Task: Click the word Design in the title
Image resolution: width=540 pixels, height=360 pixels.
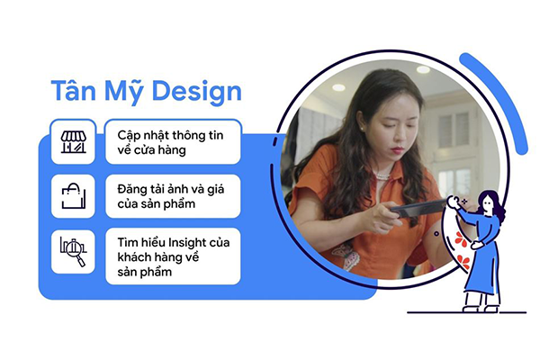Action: coord(196,92)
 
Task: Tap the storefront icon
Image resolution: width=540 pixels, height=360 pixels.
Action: coord(74,142)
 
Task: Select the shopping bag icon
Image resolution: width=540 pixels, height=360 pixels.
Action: coord(74,195)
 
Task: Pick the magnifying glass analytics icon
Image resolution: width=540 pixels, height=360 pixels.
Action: coord(74,251)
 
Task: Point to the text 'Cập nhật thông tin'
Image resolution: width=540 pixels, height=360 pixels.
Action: coord(170,135)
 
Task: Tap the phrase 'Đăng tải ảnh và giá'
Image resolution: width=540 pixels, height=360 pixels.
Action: coord(171,189)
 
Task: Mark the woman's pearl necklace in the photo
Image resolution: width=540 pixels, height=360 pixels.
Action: coord(383,176)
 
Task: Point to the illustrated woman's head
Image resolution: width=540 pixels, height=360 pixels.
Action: coord(490,204)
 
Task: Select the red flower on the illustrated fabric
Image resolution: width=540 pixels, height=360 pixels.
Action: coord(462,239)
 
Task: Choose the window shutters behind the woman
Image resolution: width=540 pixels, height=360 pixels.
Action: coord(454,130)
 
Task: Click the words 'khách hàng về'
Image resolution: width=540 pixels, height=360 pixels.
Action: coord(158,257)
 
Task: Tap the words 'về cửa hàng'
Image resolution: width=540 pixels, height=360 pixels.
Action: coord(151,150)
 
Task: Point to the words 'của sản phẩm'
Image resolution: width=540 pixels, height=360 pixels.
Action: coord(157,204)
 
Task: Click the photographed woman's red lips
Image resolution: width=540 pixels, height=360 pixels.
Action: coord(398,150)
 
